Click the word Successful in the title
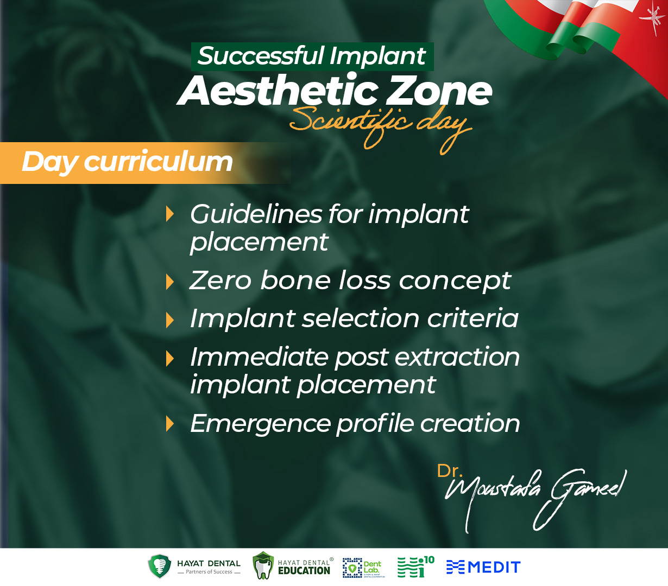(x=261, y=56)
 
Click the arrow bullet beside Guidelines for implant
(x=170, y=214)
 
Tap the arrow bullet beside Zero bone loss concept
(x=170, y=282)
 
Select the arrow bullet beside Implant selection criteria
(x=170, y=320)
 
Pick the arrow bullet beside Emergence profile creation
(x=170, y=424)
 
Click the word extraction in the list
(x=457, y=357)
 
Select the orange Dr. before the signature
(x=450, y=472)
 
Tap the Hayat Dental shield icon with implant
(x=160, y=566)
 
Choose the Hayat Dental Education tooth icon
(x=263, y=565)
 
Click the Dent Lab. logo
(x=363, y=568)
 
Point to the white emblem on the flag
(x=652, y=19)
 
